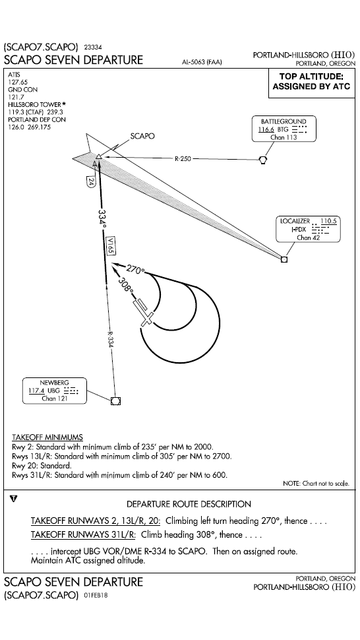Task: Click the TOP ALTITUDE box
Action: (311, 82)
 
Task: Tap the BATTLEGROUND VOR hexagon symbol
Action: (263, 159)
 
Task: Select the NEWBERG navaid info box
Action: (55, 391)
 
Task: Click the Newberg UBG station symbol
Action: (116, 400)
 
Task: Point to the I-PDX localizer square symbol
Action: (284, 259)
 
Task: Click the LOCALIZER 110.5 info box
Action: (309, 229)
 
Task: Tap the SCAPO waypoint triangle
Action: (98, 157)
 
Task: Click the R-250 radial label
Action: (183, 159)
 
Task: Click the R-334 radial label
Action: (110, 340)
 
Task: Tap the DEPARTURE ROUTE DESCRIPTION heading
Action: (189, 504)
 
